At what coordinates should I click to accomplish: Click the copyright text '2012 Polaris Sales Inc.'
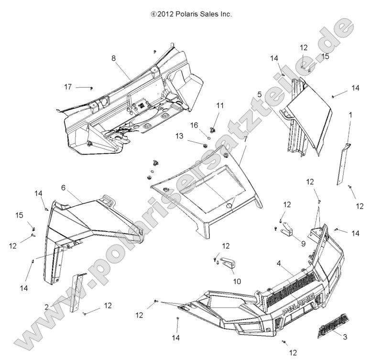191,14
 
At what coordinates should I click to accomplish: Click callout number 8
113,58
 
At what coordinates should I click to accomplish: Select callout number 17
68,87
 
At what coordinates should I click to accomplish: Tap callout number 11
220,106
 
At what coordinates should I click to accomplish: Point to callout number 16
195,125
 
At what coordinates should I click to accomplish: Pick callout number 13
178,136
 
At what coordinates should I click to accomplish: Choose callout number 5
260,95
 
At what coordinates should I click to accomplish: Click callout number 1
350,115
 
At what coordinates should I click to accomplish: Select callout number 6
63,187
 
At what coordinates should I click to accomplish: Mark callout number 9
303,243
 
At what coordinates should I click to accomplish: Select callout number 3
345,337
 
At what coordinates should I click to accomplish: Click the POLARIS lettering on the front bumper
299,304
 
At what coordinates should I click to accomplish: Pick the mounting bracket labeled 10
226,265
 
